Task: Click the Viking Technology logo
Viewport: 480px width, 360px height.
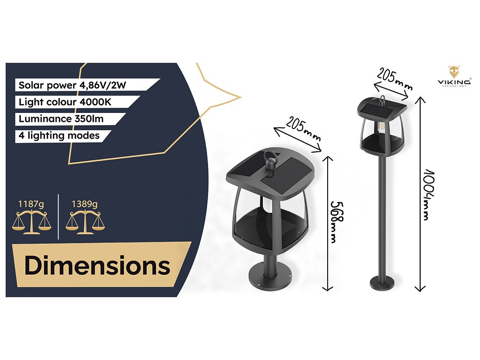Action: (454, 76)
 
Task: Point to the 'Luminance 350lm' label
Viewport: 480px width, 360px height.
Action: (61, 119)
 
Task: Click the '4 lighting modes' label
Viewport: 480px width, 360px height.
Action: (59, 135)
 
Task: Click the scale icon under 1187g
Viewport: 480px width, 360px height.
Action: (31, 222)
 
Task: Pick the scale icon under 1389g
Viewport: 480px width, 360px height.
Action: (85, 222)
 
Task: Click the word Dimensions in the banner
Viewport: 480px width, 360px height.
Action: (97, 266)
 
